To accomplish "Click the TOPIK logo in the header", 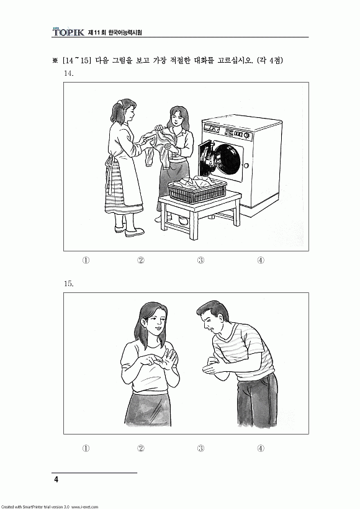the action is (68, 32).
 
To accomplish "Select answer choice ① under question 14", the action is (86, 260).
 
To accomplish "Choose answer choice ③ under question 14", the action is (200, 260).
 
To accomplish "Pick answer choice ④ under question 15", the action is (261, 448).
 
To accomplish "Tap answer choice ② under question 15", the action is (140, 448).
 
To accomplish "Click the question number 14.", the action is (68, 73).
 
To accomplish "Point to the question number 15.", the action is (68, 284).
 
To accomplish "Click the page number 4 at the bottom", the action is (56, 479).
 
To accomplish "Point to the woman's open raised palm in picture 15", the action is (169, 359).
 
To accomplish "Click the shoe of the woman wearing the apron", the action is (135, 232).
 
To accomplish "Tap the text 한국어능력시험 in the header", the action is (125, 32).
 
